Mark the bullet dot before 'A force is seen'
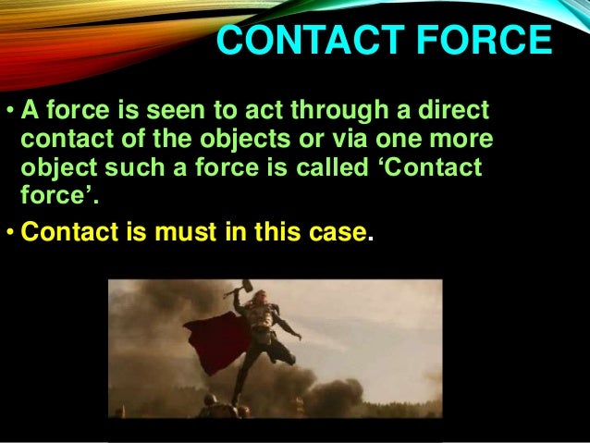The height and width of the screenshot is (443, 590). point(9,115)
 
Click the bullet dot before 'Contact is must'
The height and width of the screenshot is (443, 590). point(9,232)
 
